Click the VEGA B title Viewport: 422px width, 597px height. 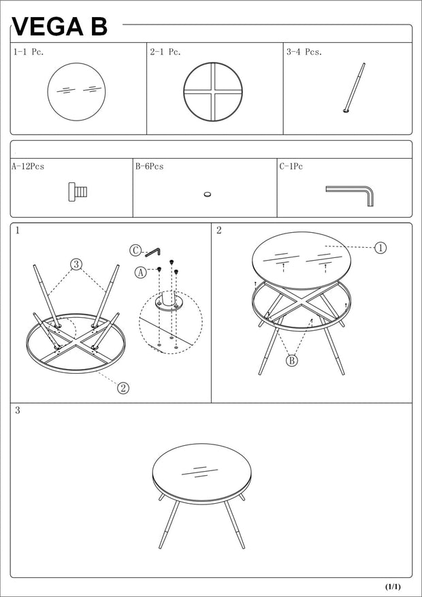(60, 27)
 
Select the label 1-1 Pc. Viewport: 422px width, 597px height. (29, 52)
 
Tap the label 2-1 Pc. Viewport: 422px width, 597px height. (165, 52)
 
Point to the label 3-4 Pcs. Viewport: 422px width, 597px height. (304, 52)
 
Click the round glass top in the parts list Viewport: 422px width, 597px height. (76, 91)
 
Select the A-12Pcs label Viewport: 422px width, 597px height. (28, 166)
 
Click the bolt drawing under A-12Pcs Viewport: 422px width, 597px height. (78, 192)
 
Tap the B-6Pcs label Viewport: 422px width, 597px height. (149, 166)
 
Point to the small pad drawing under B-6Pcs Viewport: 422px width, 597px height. (208, 195)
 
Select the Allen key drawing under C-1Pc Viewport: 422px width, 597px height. (350, 194)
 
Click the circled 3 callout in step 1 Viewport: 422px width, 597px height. (77, 263)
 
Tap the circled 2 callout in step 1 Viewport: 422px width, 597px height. (123, 388)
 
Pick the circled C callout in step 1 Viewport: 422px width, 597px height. (135, 250)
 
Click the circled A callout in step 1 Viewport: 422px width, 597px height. (141, 272)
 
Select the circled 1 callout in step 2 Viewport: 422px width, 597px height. (380, 248)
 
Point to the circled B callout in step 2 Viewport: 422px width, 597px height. (292, 361)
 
